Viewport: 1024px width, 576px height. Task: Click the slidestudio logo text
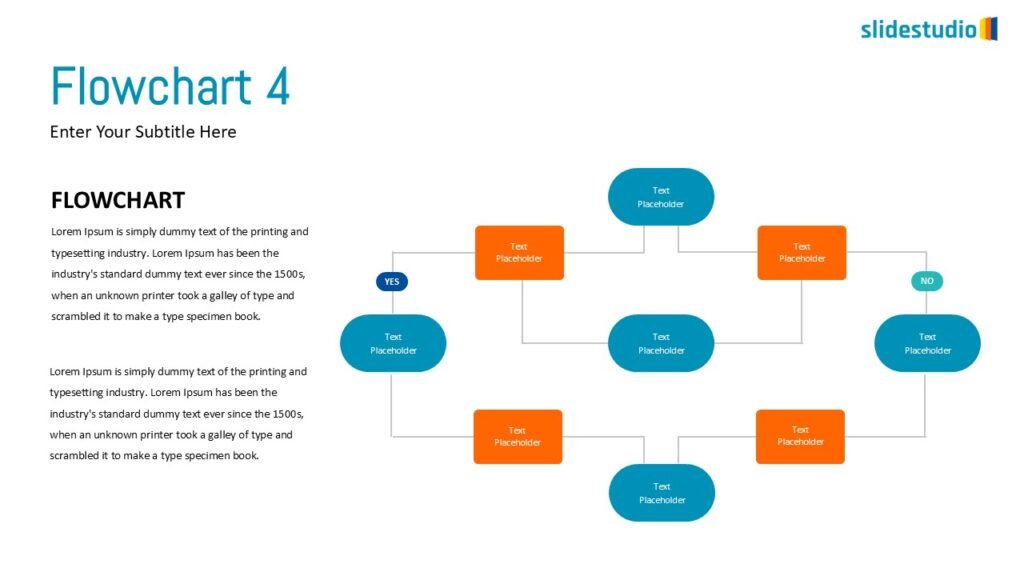pyautogui.click(x=918, y=29)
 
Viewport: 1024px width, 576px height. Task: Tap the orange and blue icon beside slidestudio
pyautogui.click(x=988, y=28)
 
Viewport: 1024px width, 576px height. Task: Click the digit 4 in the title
pyautogui.click(x=277, y=87)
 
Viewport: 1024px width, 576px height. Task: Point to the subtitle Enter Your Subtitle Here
pyautogui.click(x=143, y=132)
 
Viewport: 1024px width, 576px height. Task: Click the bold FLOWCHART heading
pyautogui.click(x=118, y=200)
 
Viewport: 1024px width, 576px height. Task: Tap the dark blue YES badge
pyautogui.click(x=392, y=282)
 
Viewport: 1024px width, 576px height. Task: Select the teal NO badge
pyautogui.click(x=927, y=281)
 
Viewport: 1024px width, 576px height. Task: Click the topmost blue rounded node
pyautogui.click(x=661, y=197)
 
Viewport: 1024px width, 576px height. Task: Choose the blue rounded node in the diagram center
pyautogui.click(x=661, y=343)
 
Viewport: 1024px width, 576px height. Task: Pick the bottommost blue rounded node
pyautogui.click(x=661, y=493)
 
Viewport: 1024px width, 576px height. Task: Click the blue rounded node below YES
pyautogui.click(x=393, y=343)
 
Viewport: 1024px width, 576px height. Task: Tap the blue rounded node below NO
pyautogui.click(x=927, y=343)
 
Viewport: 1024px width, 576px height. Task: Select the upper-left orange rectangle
pyautogui.click(x=519, y=253)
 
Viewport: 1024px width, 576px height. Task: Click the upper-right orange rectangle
pyautogui.click(x=802, y=253)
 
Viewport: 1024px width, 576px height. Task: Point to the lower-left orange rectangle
pyautogui.click(x=518, y=437)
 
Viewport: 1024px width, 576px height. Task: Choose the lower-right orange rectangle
pyautogui.click(x=800, y=436)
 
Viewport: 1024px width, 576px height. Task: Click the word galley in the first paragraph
pyautogui.click(x=221, y=296)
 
